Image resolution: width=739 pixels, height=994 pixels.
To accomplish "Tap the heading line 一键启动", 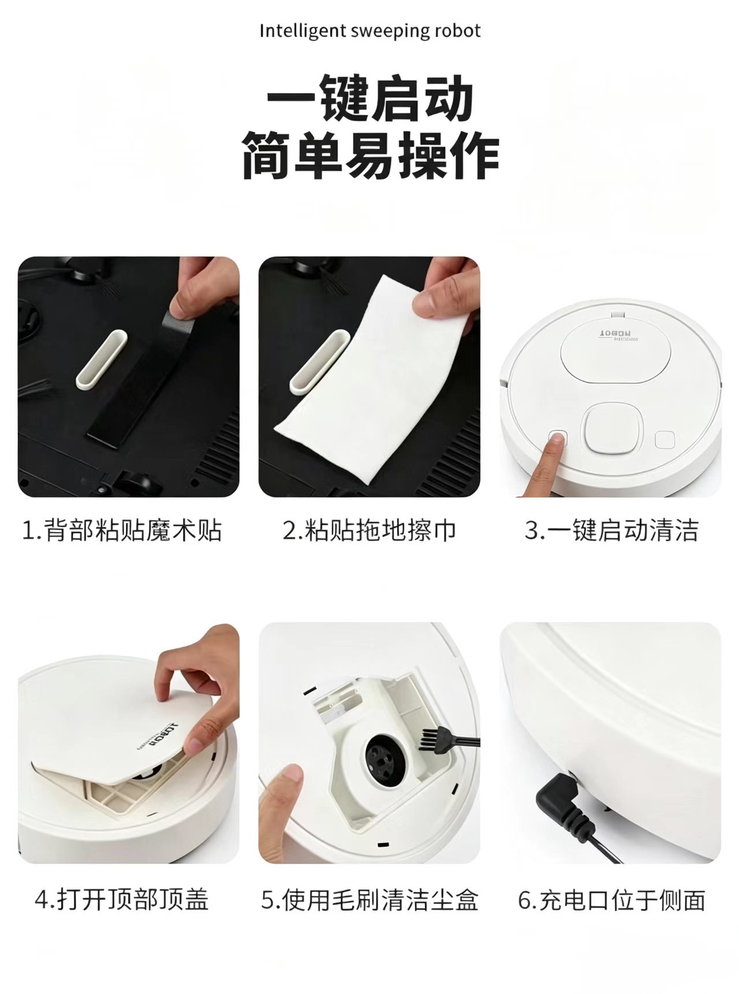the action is (370, 98).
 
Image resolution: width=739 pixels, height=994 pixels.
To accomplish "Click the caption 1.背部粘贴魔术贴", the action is (121, 530).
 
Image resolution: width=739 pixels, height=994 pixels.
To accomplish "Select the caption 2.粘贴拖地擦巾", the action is (369, 530).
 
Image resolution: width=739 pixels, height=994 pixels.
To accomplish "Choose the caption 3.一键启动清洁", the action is (611, 530).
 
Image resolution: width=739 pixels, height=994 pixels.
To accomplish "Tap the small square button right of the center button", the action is (665, 439).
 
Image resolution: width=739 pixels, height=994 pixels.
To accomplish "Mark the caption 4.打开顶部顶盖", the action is (121, 900).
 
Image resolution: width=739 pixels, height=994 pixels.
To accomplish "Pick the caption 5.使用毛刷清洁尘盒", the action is (369, 900).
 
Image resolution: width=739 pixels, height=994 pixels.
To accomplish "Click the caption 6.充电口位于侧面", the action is (611, 900).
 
